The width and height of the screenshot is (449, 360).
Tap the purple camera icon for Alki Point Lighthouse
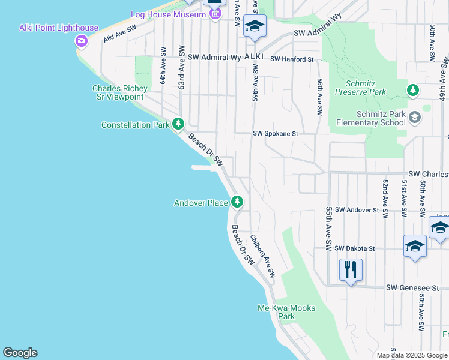click(81, 41)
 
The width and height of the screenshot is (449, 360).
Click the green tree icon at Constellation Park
click(178, 124)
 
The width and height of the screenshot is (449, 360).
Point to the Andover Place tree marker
click(238, 202)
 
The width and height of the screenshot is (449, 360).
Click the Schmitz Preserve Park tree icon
click(412, 91)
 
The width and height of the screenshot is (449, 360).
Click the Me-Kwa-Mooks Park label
click(286, 312)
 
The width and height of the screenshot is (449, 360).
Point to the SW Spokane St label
click(275, 134)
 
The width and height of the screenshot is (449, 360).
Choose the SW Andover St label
click(357, 210)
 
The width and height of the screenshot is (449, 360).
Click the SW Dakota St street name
click(355, 248)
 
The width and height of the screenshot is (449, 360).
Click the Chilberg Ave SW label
click(262, 256)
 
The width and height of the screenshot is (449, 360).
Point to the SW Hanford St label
click(292, 59)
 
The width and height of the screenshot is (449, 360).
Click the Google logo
click(20, 353)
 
